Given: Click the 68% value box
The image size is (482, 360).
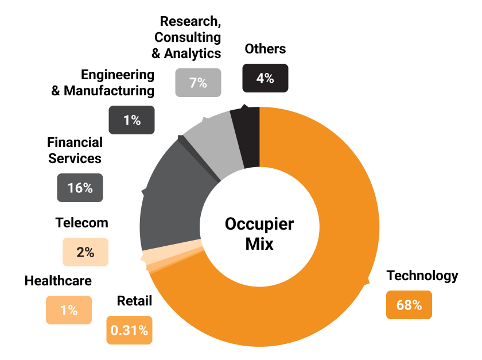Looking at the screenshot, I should click(x=409, y=305).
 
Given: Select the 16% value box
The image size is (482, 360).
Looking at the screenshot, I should click(x=80, y=188).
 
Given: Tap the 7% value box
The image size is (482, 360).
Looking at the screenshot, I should click(x=197, y=82).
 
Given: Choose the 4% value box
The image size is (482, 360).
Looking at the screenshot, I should click(x=265, y=78).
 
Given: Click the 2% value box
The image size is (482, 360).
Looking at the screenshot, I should click(x=85, y=251).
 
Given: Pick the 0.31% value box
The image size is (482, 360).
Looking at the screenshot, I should click(x=129, y=330).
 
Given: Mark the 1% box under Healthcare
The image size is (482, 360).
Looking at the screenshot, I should click(x=68, y=310).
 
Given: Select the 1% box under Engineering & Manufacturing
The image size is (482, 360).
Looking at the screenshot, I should click(x=131, y=120).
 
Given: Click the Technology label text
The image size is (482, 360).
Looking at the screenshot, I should click(x=422, y=276).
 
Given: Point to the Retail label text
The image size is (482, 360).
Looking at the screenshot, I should click(x=134, y=301).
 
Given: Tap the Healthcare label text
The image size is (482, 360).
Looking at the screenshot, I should click(x=58, y=281).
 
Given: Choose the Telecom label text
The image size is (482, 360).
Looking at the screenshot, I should click(x=81, y=223).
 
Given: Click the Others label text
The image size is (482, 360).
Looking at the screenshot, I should click(x=265, y=49).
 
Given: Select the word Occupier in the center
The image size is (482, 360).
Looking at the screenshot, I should click(x=259, y=223).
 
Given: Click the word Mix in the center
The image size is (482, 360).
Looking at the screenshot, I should click(x=259, y=244).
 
